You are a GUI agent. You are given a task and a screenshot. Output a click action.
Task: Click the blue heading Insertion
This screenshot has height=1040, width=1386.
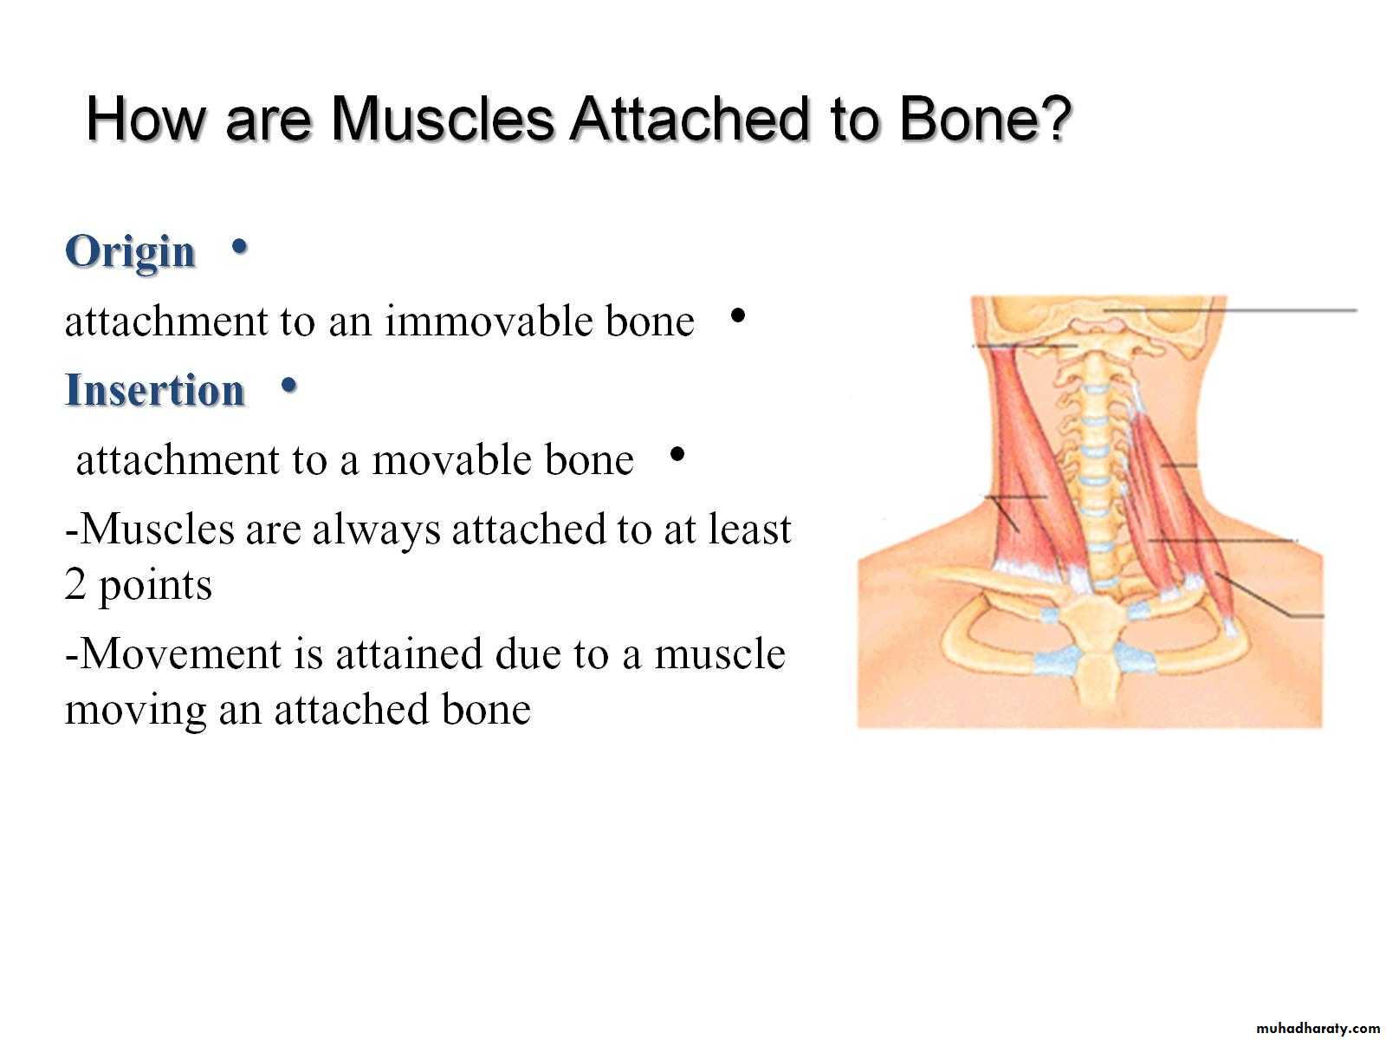(155, 390)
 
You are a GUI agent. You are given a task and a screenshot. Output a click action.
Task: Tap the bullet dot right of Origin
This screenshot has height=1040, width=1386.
(239, 247)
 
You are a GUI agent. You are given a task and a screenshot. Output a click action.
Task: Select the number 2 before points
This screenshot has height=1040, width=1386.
(75, 585)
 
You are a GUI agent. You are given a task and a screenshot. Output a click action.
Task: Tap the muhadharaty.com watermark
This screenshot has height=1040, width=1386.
(1318, 1029)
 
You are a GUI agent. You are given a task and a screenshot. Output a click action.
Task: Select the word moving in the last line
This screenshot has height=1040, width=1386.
(135, 710)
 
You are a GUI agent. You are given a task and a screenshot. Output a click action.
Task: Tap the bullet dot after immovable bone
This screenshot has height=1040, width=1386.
(737, 315)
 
